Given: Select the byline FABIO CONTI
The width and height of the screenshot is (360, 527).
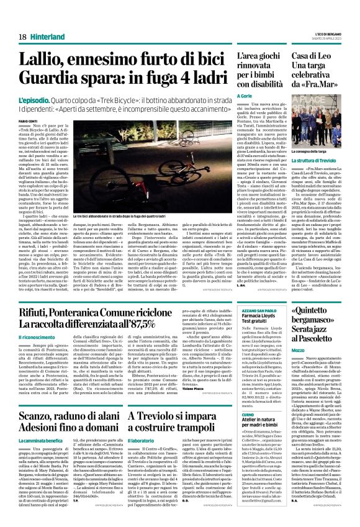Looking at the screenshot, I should (x=28, y=121).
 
